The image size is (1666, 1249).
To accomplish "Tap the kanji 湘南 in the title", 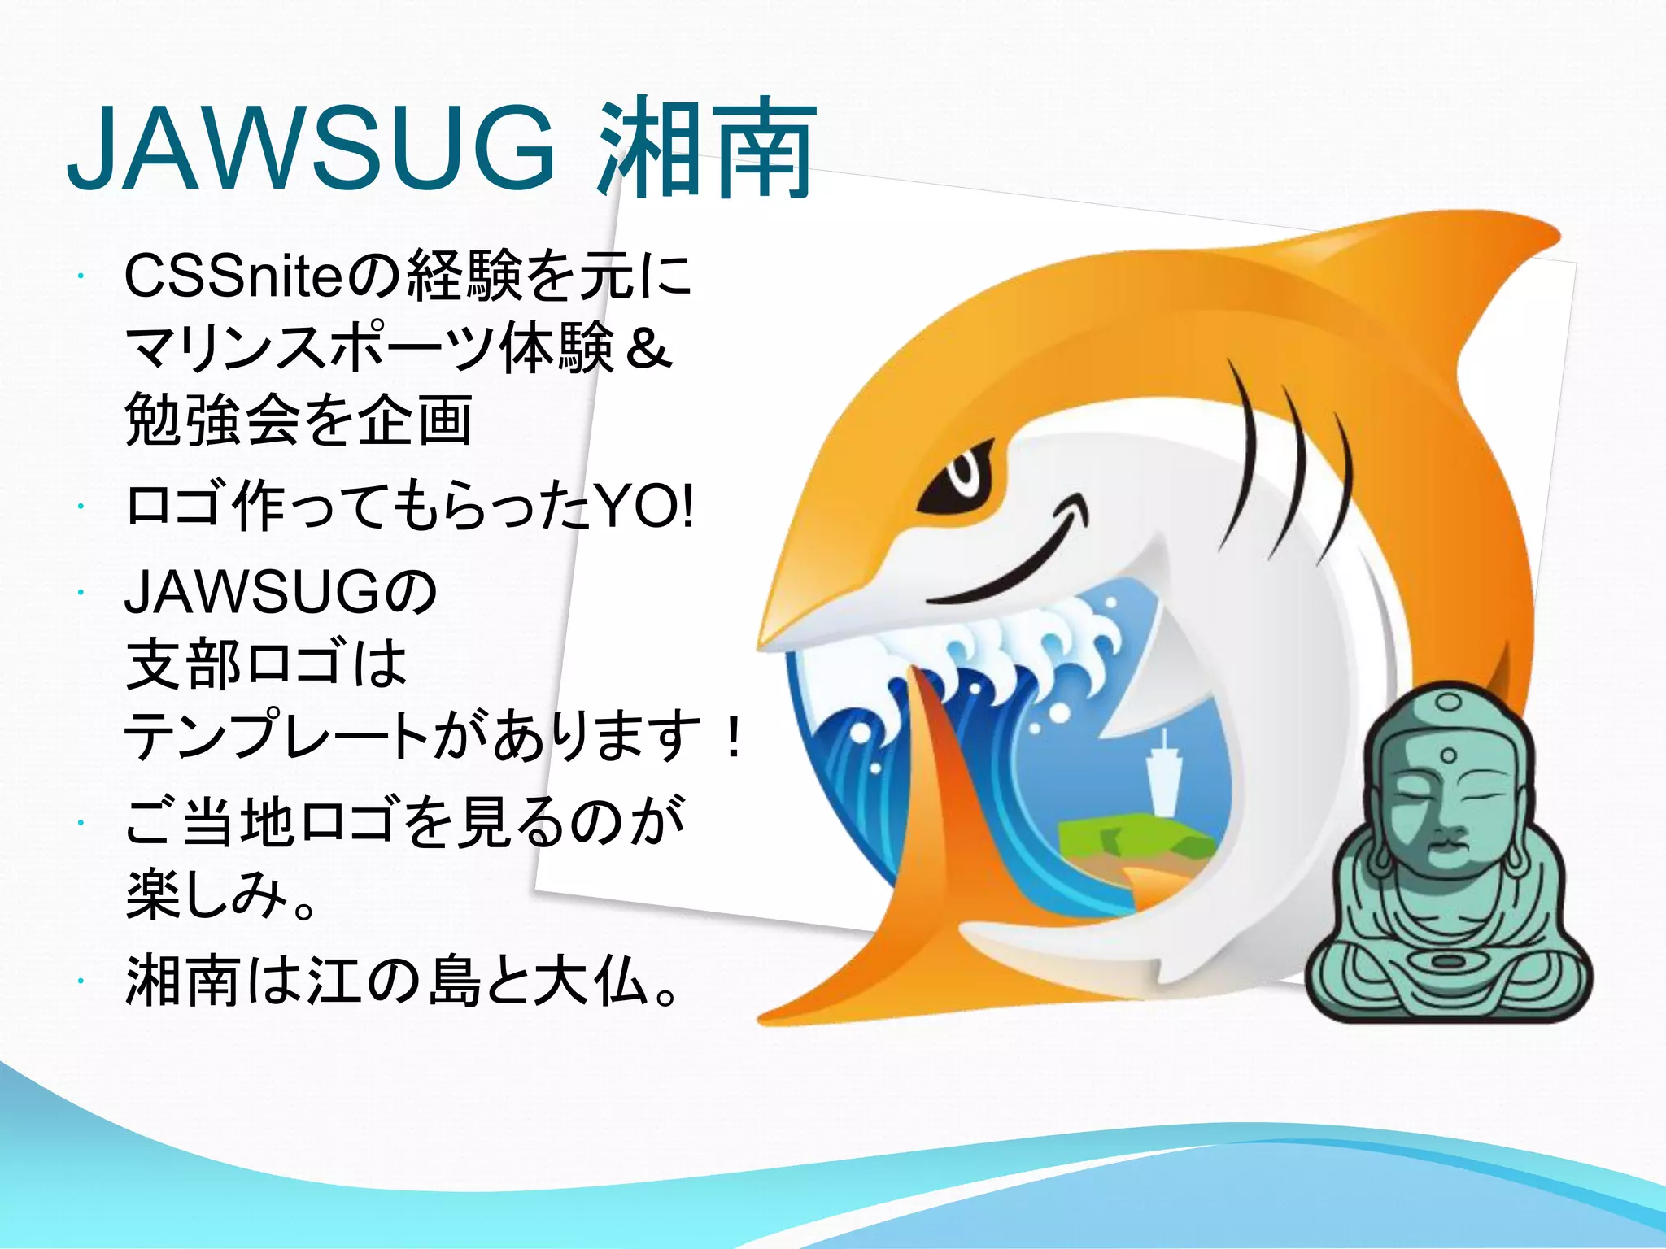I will tap(706, 150).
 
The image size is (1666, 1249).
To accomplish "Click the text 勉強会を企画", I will tap(298, 420).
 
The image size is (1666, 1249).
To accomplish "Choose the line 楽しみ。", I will tap(220, 894).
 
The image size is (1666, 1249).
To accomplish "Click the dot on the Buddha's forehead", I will tap(1447, 756).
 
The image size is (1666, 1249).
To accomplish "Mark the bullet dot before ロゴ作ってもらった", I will tap(81, 507).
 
